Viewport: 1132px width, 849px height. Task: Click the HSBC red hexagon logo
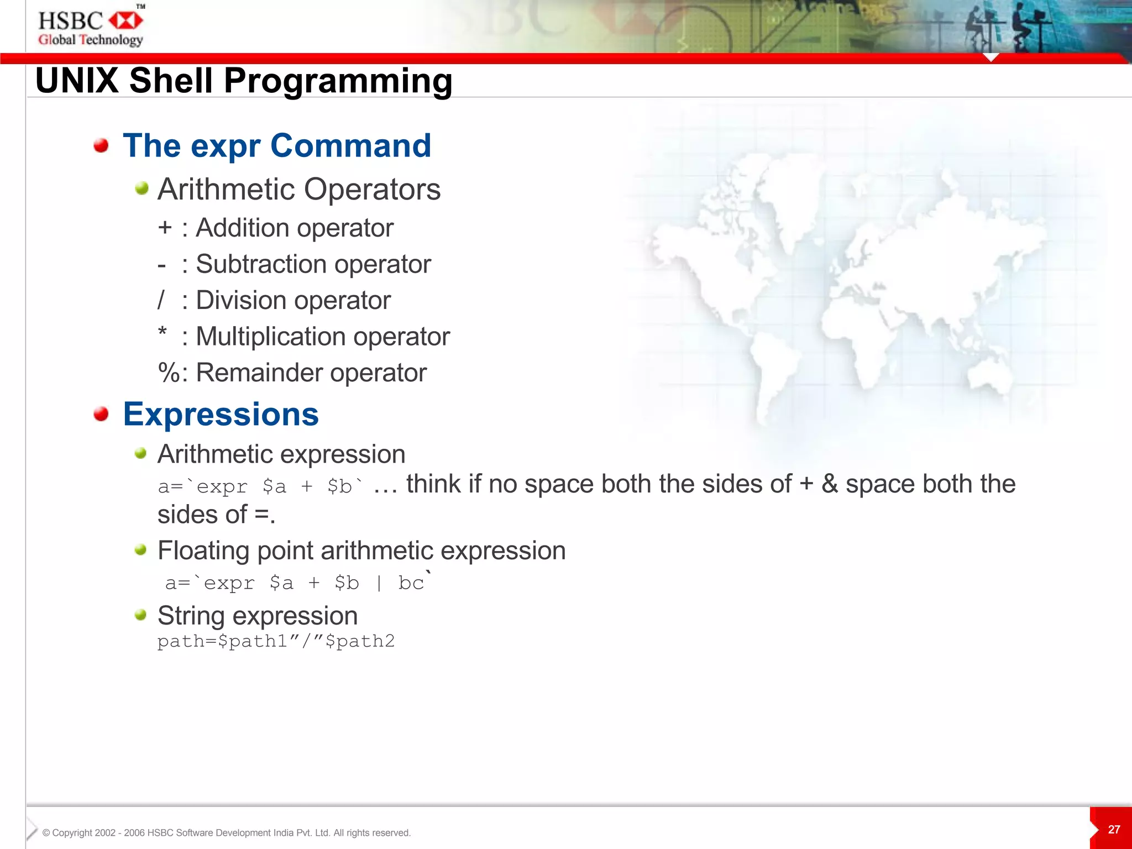126,21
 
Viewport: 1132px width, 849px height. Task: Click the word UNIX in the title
77,81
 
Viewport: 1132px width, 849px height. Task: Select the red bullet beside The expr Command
101,145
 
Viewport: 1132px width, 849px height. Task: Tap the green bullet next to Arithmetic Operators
141,188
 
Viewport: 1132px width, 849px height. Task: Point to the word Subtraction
258,264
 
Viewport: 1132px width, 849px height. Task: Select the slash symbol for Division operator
161,301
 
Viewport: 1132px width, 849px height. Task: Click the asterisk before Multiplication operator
162,333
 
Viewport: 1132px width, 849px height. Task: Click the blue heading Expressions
221,414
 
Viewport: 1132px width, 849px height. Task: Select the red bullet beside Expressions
101,414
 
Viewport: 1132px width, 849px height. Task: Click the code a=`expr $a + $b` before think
260,486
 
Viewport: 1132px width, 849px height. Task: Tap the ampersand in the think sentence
829,484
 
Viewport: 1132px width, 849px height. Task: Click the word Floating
203,551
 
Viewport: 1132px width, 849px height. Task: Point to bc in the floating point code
411,583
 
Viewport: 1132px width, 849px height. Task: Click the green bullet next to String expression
140,615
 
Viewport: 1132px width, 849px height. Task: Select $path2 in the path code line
360,641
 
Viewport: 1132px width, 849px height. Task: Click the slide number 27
1114,829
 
